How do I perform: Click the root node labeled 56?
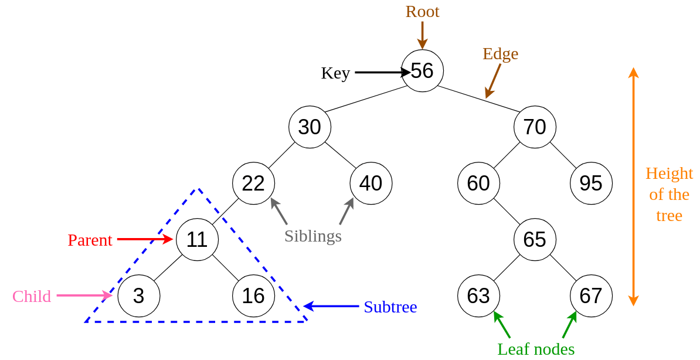click(422, 71)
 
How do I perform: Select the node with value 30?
click(310, 127)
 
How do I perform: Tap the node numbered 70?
click(535, 127)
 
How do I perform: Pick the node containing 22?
click(253, 184)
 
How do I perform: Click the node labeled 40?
click(371, 184)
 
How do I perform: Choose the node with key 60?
click(478, 184)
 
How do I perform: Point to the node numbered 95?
click(591, 184)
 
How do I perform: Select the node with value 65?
click(535, 240)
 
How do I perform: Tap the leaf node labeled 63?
click(478, 296)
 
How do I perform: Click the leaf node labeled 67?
click(591, 296)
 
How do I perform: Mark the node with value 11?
click(197, 240)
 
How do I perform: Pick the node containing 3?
click(138, 296)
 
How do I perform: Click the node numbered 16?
click(253, 296)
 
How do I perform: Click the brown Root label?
click(422, 11)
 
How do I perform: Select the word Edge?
click(500, 53)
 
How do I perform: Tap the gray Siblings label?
click(312, 236)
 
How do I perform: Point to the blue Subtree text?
click(390, 307)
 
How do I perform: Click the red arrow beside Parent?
click(144, 239)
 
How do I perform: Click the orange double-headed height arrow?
click(633, 186)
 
